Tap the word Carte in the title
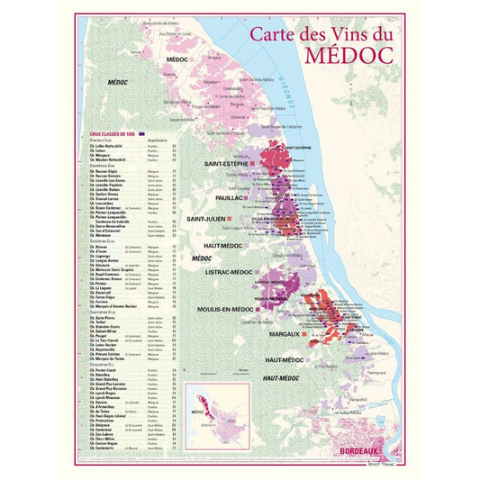[x=278, y=34]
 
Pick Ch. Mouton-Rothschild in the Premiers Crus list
[x=113, y=159]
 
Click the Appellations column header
[x=158, y=140]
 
